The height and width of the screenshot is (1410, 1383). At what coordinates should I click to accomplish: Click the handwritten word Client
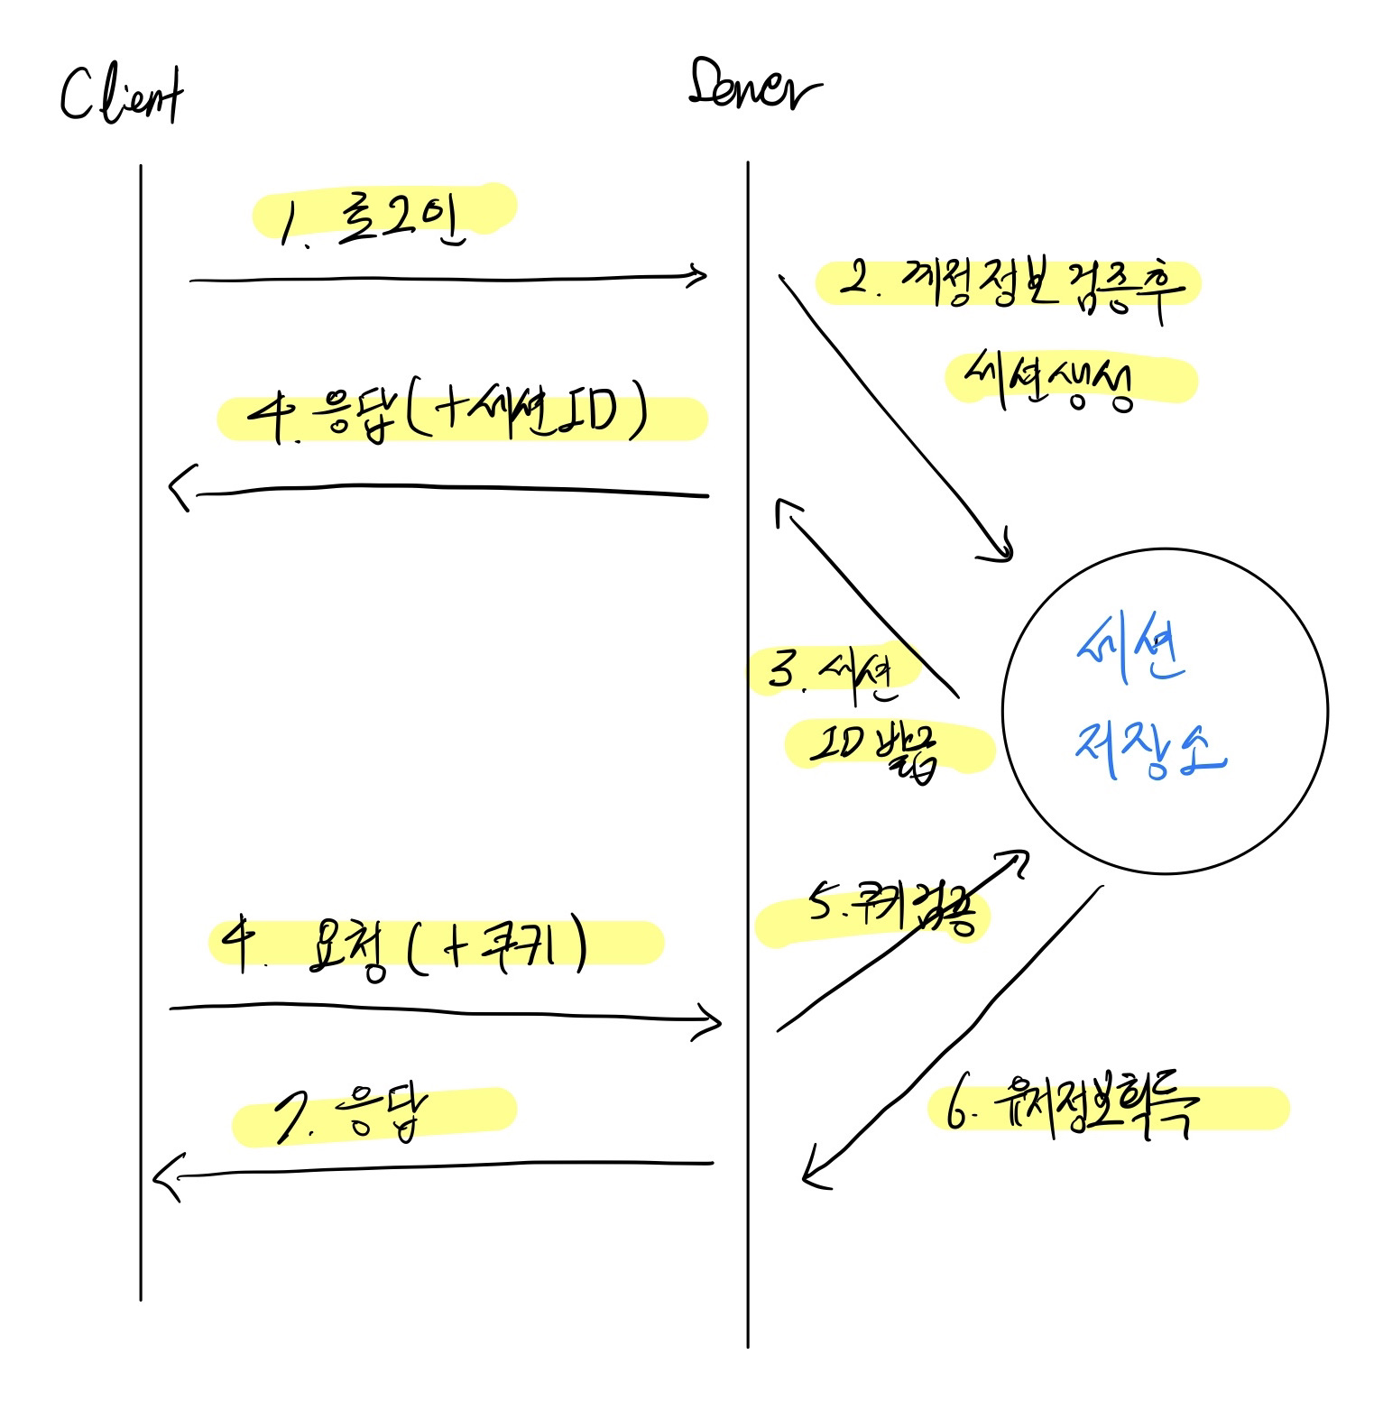122,97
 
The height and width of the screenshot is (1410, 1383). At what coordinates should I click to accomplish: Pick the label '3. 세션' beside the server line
831,672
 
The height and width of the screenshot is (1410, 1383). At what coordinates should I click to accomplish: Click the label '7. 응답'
352,1116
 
